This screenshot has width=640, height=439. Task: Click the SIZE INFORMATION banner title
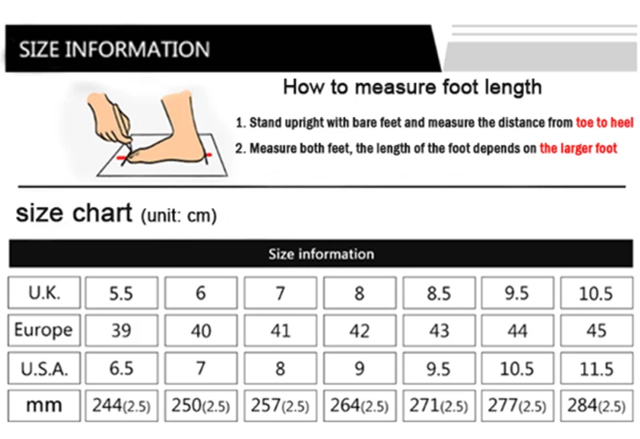(114, 49)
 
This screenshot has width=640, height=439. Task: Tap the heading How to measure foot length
(412, 87)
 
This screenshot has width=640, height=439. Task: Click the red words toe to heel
(605, 122)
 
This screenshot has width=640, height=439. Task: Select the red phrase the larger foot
(578, 148)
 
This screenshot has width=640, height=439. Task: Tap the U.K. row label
(44, 293)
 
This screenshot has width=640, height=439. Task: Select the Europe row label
(44, 330)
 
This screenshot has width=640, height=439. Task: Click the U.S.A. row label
(44, 369)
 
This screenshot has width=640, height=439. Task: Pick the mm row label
(44, 405)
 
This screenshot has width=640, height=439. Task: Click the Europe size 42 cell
(359, 330)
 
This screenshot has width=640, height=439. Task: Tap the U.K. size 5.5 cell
(122, 293)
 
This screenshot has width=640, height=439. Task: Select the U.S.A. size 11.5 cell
(597, 369)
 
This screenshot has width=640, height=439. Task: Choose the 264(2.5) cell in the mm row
(359, 405)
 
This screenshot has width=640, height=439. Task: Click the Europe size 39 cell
(122, 330)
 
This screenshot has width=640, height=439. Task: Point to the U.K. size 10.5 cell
(597, 293)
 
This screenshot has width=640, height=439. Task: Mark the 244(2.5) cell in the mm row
(122, 405)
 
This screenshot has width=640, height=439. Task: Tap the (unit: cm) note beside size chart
(178, 215)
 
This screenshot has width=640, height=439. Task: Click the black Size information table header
(321, 253)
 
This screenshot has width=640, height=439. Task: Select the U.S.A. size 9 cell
(359, 369)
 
